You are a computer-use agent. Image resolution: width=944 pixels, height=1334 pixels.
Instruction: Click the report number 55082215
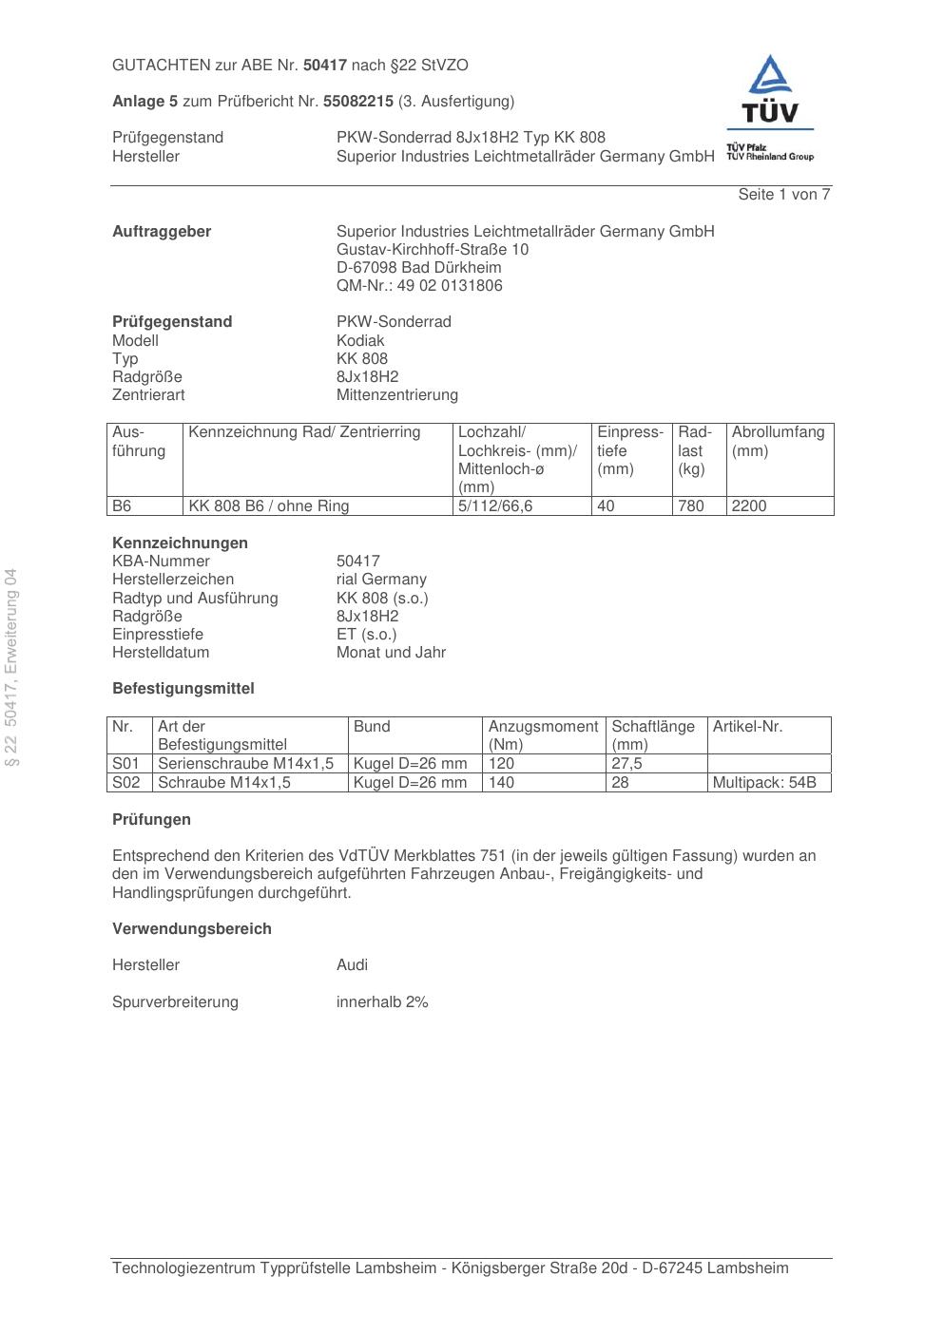tap(358, 101)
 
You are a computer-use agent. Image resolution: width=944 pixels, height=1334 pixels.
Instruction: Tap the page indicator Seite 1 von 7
tap(783, 195)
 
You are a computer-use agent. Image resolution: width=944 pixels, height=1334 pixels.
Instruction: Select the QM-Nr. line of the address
tap(419, 286)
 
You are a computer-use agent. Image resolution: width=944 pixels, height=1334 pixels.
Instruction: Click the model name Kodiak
tap(360, 340)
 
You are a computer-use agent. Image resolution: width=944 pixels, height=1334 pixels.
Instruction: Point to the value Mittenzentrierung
tap(396, 395)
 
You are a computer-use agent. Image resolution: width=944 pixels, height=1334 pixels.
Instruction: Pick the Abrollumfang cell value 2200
tap(749, 506)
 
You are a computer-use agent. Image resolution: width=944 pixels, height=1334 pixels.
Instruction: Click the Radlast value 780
tap(691, 506)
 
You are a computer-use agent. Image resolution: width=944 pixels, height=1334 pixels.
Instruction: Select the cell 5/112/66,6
tap(495, 506)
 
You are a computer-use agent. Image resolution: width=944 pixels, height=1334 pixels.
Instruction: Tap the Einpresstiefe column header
tap(629, 450)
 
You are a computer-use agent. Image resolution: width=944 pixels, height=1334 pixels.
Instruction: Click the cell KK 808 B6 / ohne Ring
tap(269, 506)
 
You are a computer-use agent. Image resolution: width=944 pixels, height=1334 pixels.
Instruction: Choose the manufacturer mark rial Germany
tap(381, 580)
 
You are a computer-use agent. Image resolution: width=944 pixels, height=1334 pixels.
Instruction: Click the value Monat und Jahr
tap(391, 653)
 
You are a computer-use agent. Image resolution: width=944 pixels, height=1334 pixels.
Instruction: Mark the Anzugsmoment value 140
tap(501, 783)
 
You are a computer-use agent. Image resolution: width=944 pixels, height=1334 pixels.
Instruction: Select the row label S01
tap(125, 764)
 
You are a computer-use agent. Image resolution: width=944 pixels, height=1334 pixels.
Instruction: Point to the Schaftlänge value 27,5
tap(626, 764)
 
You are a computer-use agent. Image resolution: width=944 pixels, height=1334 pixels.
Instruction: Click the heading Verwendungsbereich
tap(192, 929)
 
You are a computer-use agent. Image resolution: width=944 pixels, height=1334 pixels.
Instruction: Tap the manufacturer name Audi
tap(352, 965)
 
